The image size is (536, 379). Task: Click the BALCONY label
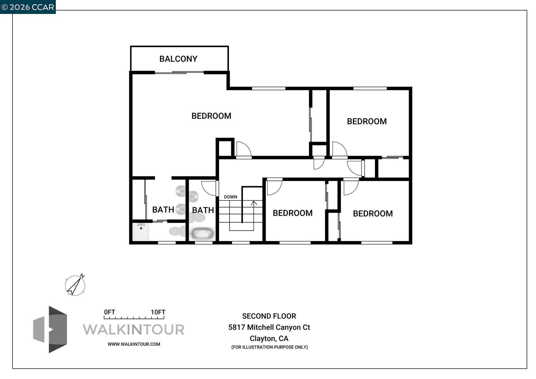178,59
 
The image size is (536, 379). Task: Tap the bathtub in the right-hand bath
202,234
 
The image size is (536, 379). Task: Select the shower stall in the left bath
141,232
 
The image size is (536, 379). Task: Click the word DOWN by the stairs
230,197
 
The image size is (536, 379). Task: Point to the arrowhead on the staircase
254,203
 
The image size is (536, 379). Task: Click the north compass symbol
75,285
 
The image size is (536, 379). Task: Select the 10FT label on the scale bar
158,312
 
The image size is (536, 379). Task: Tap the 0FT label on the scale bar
109,312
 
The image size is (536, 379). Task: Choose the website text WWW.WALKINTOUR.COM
134,344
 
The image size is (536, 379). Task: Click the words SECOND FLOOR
269,316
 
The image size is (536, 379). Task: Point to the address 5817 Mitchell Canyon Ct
269,327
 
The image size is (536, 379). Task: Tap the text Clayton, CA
269,339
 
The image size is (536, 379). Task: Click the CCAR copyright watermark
28,7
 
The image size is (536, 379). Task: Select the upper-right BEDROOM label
367,121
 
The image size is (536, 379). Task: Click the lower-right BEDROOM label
373,214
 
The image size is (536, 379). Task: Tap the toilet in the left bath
177,231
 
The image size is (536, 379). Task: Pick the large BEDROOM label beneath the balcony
211,116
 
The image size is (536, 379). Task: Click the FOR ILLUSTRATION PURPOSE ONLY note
269,347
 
